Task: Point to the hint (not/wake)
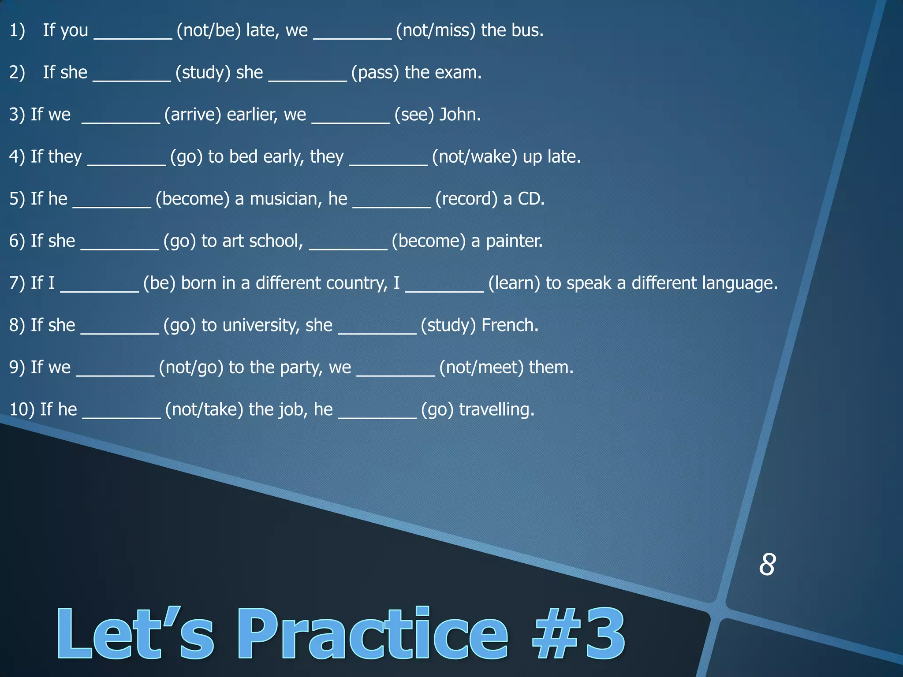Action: point(474,157)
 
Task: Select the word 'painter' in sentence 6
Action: point(513,241)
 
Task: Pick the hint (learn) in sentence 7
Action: point(514,283)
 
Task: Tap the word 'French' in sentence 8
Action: point(509,325)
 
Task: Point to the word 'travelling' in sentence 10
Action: point(496,409)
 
